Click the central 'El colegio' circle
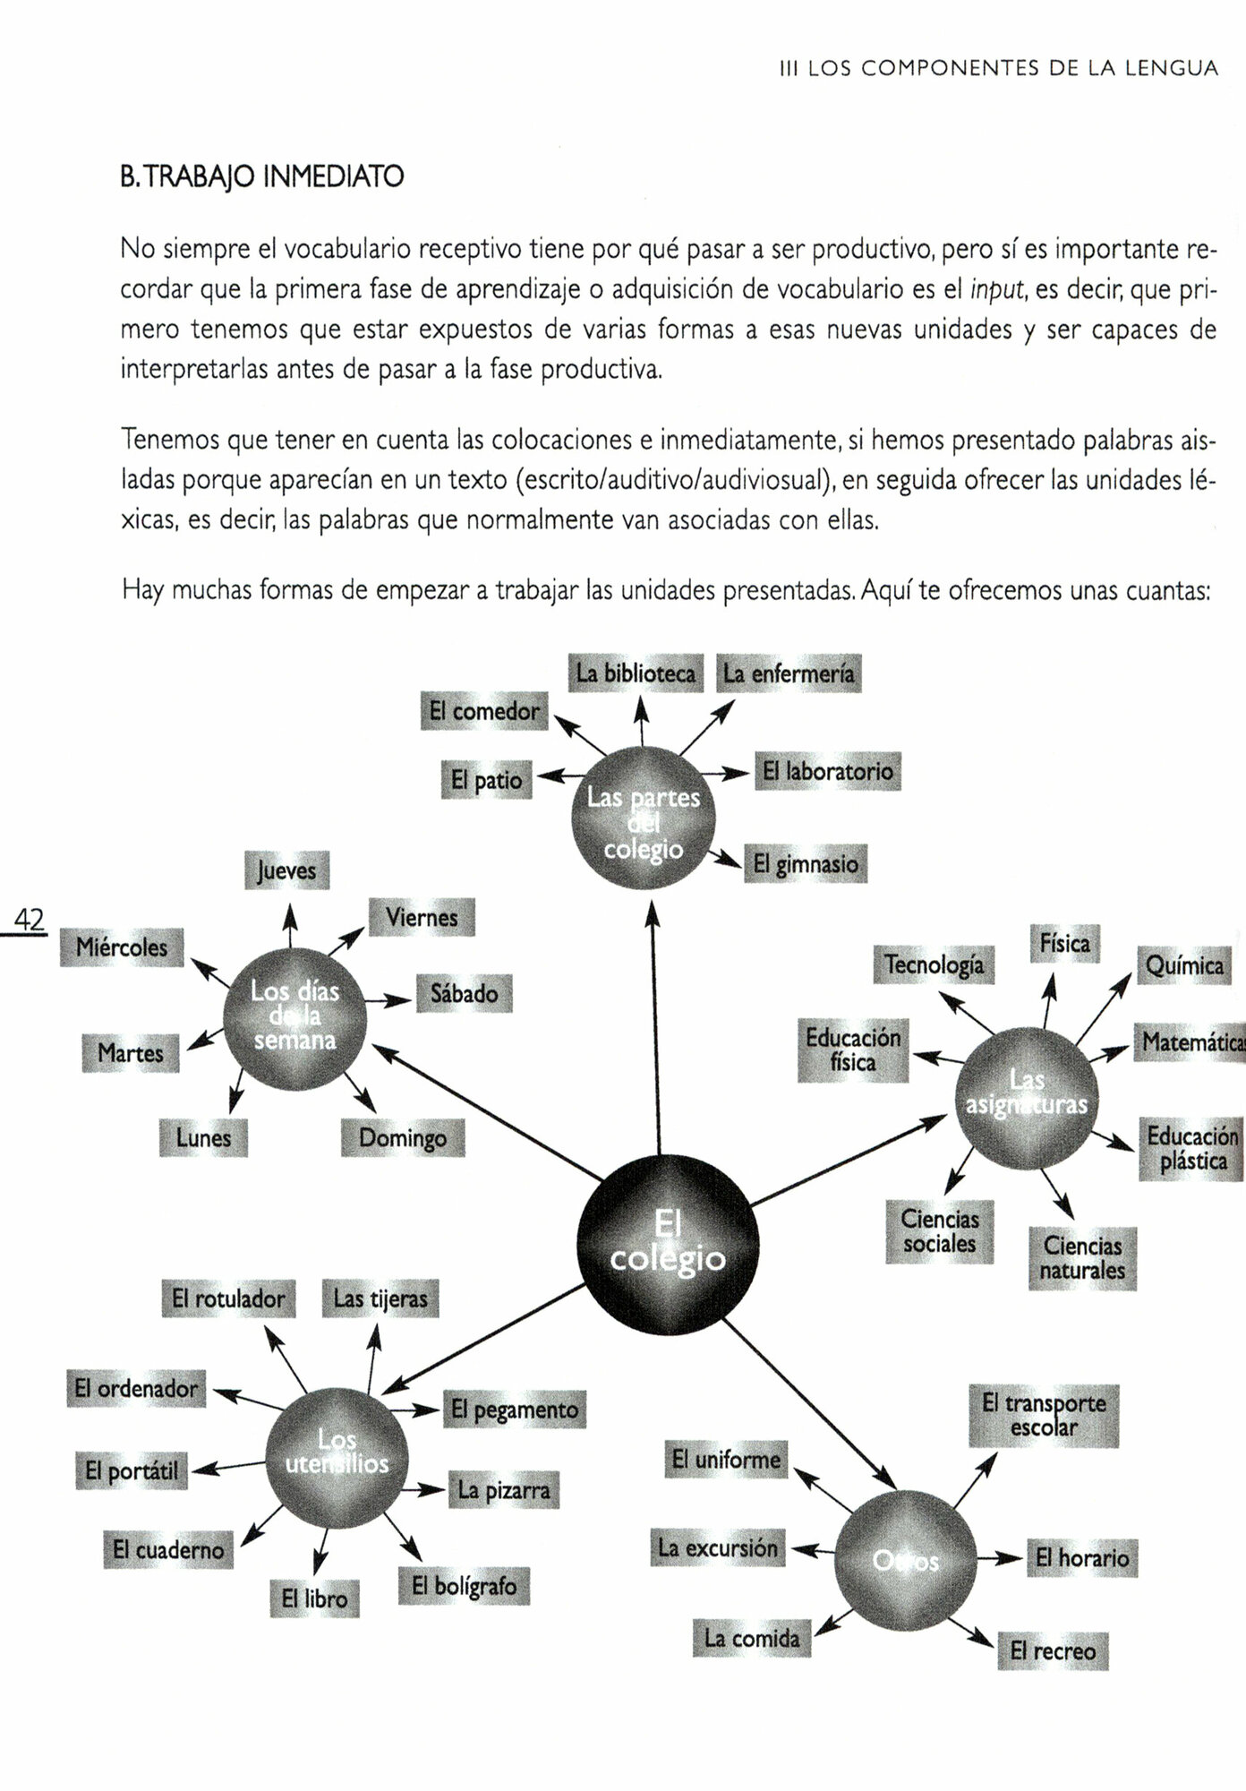[x=668, y=1246]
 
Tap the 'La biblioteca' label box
[x=636, y=673]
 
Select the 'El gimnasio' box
[x=805, y=864]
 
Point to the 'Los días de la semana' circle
[x=294, y=1017]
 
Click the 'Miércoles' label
[x=122, y=947]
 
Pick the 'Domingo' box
[x=403, y=1138]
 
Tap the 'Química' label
[x=1184, y=965]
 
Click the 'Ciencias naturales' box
[x=1082, y=1258]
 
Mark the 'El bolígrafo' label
[x=464, y=1586]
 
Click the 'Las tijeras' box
[x=380, y=1298]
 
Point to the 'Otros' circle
[x=905, y=1561]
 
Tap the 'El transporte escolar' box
[x=1044, y=1416]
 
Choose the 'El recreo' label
[x=1053, y=1650]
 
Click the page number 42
[x=30, y=920]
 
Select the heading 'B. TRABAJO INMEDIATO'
[x=261, y=176]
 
